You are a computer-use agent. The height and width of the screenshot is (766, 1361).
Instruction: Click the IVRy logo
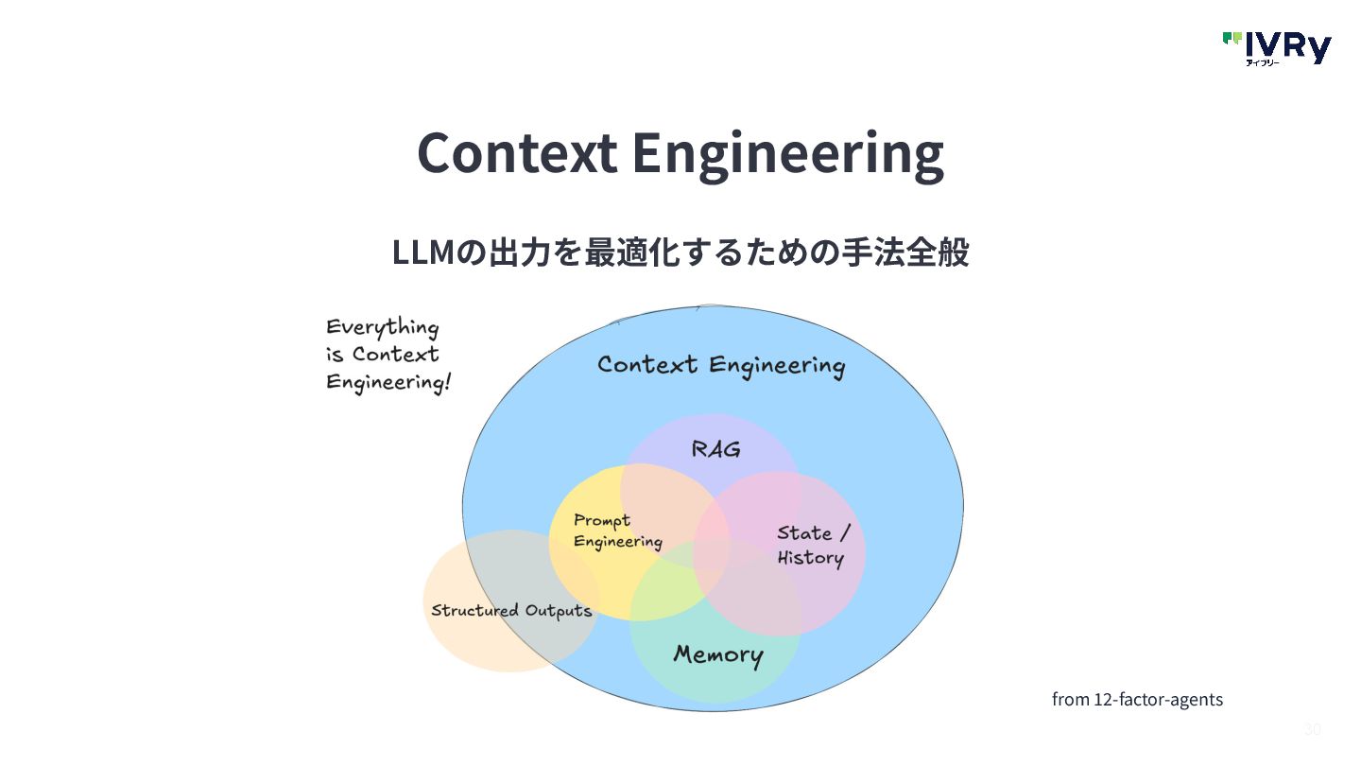point(1277,47)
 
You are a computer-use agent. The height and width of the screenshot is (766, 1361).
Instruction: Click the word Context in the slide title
point(517,153)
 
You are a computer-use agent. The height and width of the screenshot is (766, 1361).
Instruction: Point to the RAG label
point(715,449)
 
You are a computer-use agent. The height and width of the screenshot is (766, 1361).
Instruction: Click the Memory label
point(717,654)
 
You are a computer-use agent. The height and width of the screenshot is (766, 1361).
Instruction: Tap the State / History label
point(813,546)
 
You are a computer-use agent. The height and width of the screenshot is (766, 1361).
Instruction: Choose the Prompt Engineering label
point(617,531)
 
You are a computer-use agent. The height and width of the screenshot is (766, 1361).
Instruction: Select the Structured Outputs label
point(511,610)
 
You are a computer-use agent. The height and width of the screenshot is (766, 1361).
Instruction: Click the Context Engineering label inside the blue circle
point(720,366)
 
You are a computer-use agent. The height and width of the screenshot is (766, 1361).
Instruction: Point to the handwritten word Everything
point(383,328)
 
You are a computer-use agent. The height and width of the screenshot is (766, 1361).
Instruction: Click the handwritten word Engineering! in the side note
point(388,382)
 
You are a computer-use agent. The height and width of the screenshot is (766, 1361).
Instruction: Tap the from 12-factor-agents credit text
point(1137,700)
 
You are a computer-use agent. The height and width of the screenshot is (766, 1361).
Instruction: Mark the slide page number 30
point(1312,729)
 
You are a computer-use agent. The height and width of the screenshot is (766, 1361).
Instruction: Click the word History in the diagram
point(810,558)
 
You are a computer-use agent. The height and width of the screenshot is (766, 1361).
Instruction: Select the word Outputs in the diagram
point(559,610)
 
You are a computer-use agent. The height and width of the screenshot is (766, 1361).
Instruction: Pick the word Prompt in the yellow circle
point(602,521)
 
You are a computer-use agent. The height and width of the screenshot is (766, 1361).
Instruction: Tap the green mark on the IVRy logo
point(1232,39)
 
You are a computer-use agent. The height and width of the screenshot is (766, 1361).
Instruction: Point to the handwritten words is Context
point(383,355)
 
